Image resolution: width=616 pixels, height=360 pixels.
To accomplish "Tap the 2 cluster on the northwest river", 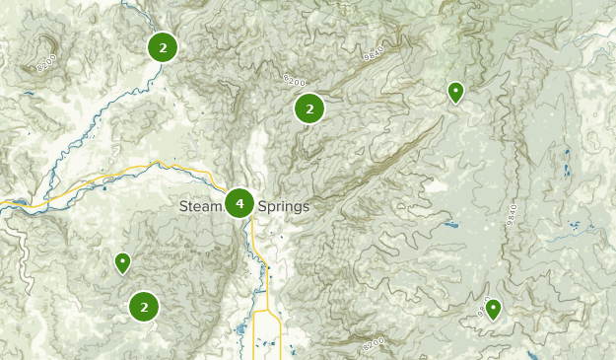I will [x=163, y=46].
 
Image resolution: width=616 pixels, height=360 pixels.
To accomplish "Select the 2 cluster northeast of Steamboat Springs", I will [x=309, y=109].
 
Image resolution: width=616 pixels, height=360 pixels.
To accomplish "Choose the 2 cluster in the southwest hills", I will [x=144, y=307].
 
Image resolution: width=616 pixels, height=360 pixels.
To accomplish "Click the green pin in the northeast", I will [x=455, y=92].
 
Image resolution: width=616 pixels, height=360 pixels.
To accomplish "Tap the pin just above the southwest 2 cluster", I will [x=122, y=262].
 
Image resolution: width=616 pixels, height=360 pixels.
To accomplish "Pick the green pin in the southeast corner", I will [x=493, y=310].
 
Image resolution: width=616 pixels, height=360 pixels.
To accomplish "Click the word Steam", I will [x=201, y=207].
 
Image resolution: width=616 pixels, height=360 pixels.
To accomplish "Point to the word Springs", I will [x=283, y=207].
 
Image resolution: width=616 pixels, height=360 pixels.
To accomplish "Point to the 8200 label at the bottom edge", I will [x=374, y=345].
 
